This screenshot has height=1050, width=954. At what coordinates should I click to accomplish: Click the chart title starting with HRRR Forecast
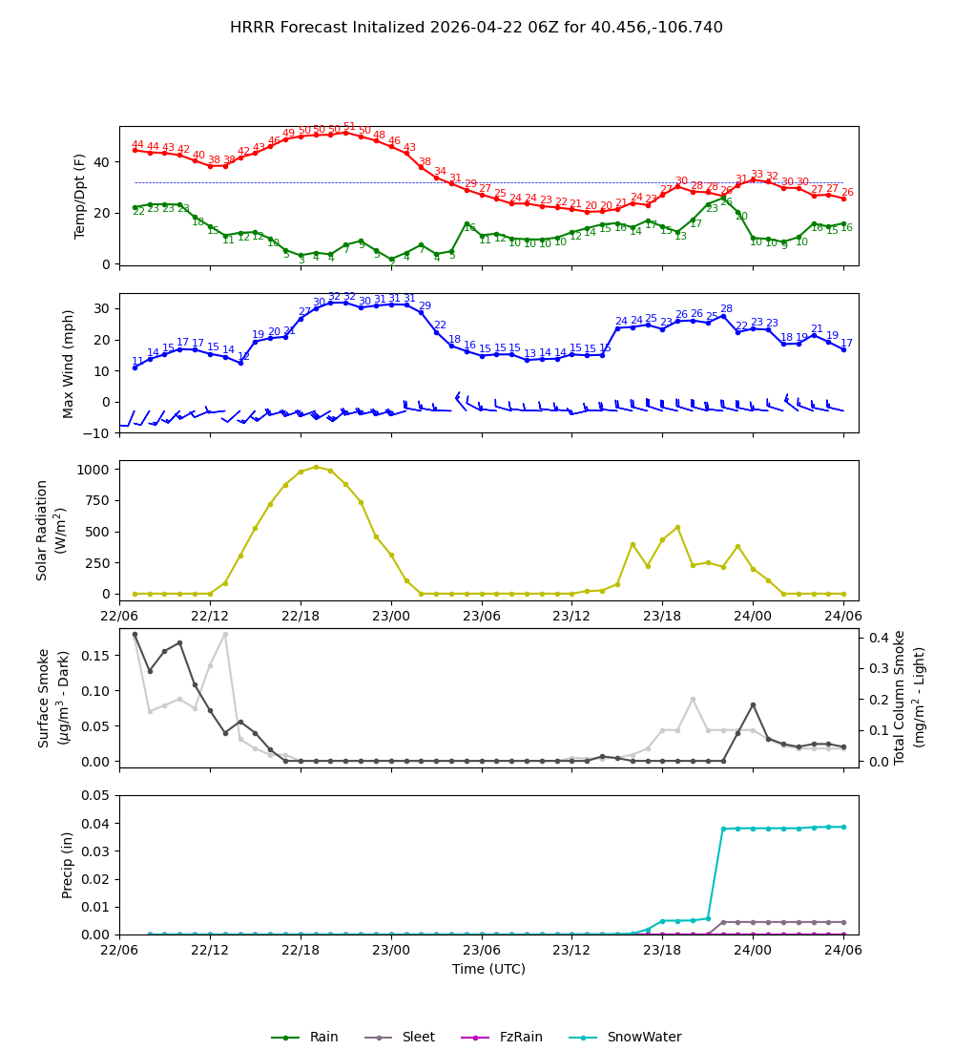click(x=476, y=28)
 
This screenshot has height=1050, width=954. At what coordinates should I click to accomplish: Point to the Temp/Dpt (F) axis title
click(x=81, y=196)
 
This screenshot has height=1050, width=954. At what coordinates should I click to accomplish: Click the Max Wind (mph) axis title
click(x=69, y=363)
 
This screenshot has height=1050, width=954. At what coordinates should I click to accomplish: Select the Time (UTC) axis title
click(x=488, y=969)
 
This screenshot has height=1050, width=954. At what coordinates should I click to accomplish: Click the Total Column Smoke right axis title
click(x=909, y=697)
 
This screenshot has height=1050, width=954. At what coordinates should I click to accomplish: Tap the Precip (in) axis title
click(x=68, y=865)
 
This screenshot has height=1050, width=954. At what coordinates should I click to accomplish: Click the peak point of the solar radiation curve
click(x=316, y=467)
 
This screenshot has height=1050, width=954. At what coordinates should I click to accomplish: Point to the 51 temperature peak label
click(x=349, y=127)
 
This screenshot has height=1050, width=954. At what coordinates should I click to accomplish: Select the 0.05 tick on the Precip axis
click(x=96, y=795)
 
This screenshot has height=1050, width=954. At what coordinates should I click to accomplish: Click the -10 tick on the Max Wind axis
click(x=96, y=432)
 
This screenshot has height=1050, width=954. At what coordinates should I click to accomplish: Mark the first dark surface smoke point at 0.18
click(x=135, y=634)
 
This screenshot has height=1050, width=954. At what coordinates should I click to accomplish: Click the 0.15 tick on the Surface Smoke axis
click(x=96, y=655)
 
